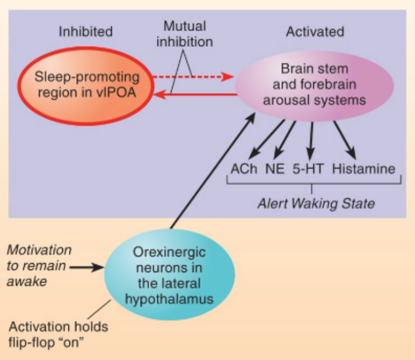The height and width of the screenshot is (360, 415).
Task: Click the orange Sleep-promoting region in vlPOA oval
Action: click(87, 85)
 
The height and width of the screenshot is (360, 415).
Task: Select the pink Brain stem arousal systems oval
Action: click(315, 85)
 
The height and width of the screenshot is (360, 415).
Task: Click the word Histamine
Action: click(364, 169)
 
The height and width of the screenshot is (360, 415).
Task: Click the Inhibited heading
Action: click(85, 32)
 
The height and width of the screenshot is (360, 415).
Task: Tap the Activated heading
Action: click(314, 32)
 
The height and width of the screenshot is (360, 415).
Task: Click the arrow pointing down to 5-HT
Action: click(312, 140)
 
